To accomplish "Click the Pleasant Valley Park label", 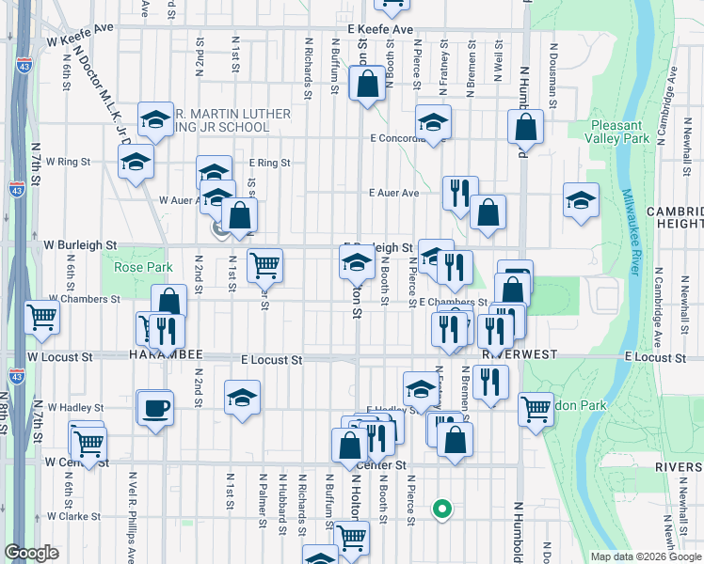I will (x=621, y=132).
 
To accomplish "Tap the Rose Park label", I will (x=143, y=267).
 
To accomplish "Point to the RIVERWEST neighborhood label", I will (x=520, y=356).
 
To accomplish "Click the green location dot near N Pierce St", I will (x=440, y=510).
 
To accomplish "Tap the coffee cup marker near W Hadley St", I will (x=155, y=409).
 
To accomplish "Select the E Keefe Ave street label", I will (x=380, y=30).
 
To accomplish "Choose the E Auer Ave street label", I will (x=394, y=193).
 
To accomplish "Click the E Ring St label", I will (x=269, y=163).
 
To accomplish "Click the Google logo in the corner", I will (x=32, y=553).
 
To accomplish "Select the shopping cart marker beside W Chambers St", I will (x=41, y=318).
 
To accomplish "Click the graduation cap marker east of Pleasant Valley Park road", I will (x=581, y=199).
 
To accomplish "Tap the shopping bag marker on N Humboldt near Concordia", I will (x=526, y=128).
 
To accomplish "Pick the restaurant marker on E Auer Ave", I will (x=459, y=193).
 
